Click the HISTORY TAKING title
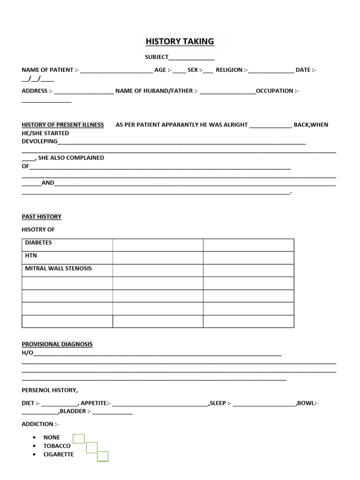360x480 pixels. pos(180,41)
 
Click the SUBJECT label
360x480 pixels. pos(157,57)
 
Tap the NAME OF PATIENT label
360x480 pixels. pos(48,70)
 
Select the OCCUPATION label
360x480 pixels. pos(276,91)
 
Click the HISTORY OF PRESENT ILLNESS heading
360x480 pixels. pos(63,125)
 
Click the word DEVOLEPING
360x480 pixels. pos(40,141)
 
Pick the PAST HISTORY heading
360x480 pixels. pos(42,217)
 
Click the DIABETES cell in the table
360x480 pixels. pos(38,243)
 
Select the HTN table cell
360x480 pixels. pos(31,255)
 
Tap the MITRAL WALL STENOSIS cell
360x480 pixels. pos(58,269)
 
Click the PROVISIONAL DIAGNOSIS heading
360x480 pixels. pos(57,344)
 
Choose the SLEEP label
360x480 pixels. pos(218,403)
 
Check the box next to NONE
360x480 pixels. pos(79,439)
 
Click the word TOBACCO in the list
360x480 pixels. pos(57,446)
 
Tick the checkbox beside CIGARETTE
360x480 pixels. pos(103,456)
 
